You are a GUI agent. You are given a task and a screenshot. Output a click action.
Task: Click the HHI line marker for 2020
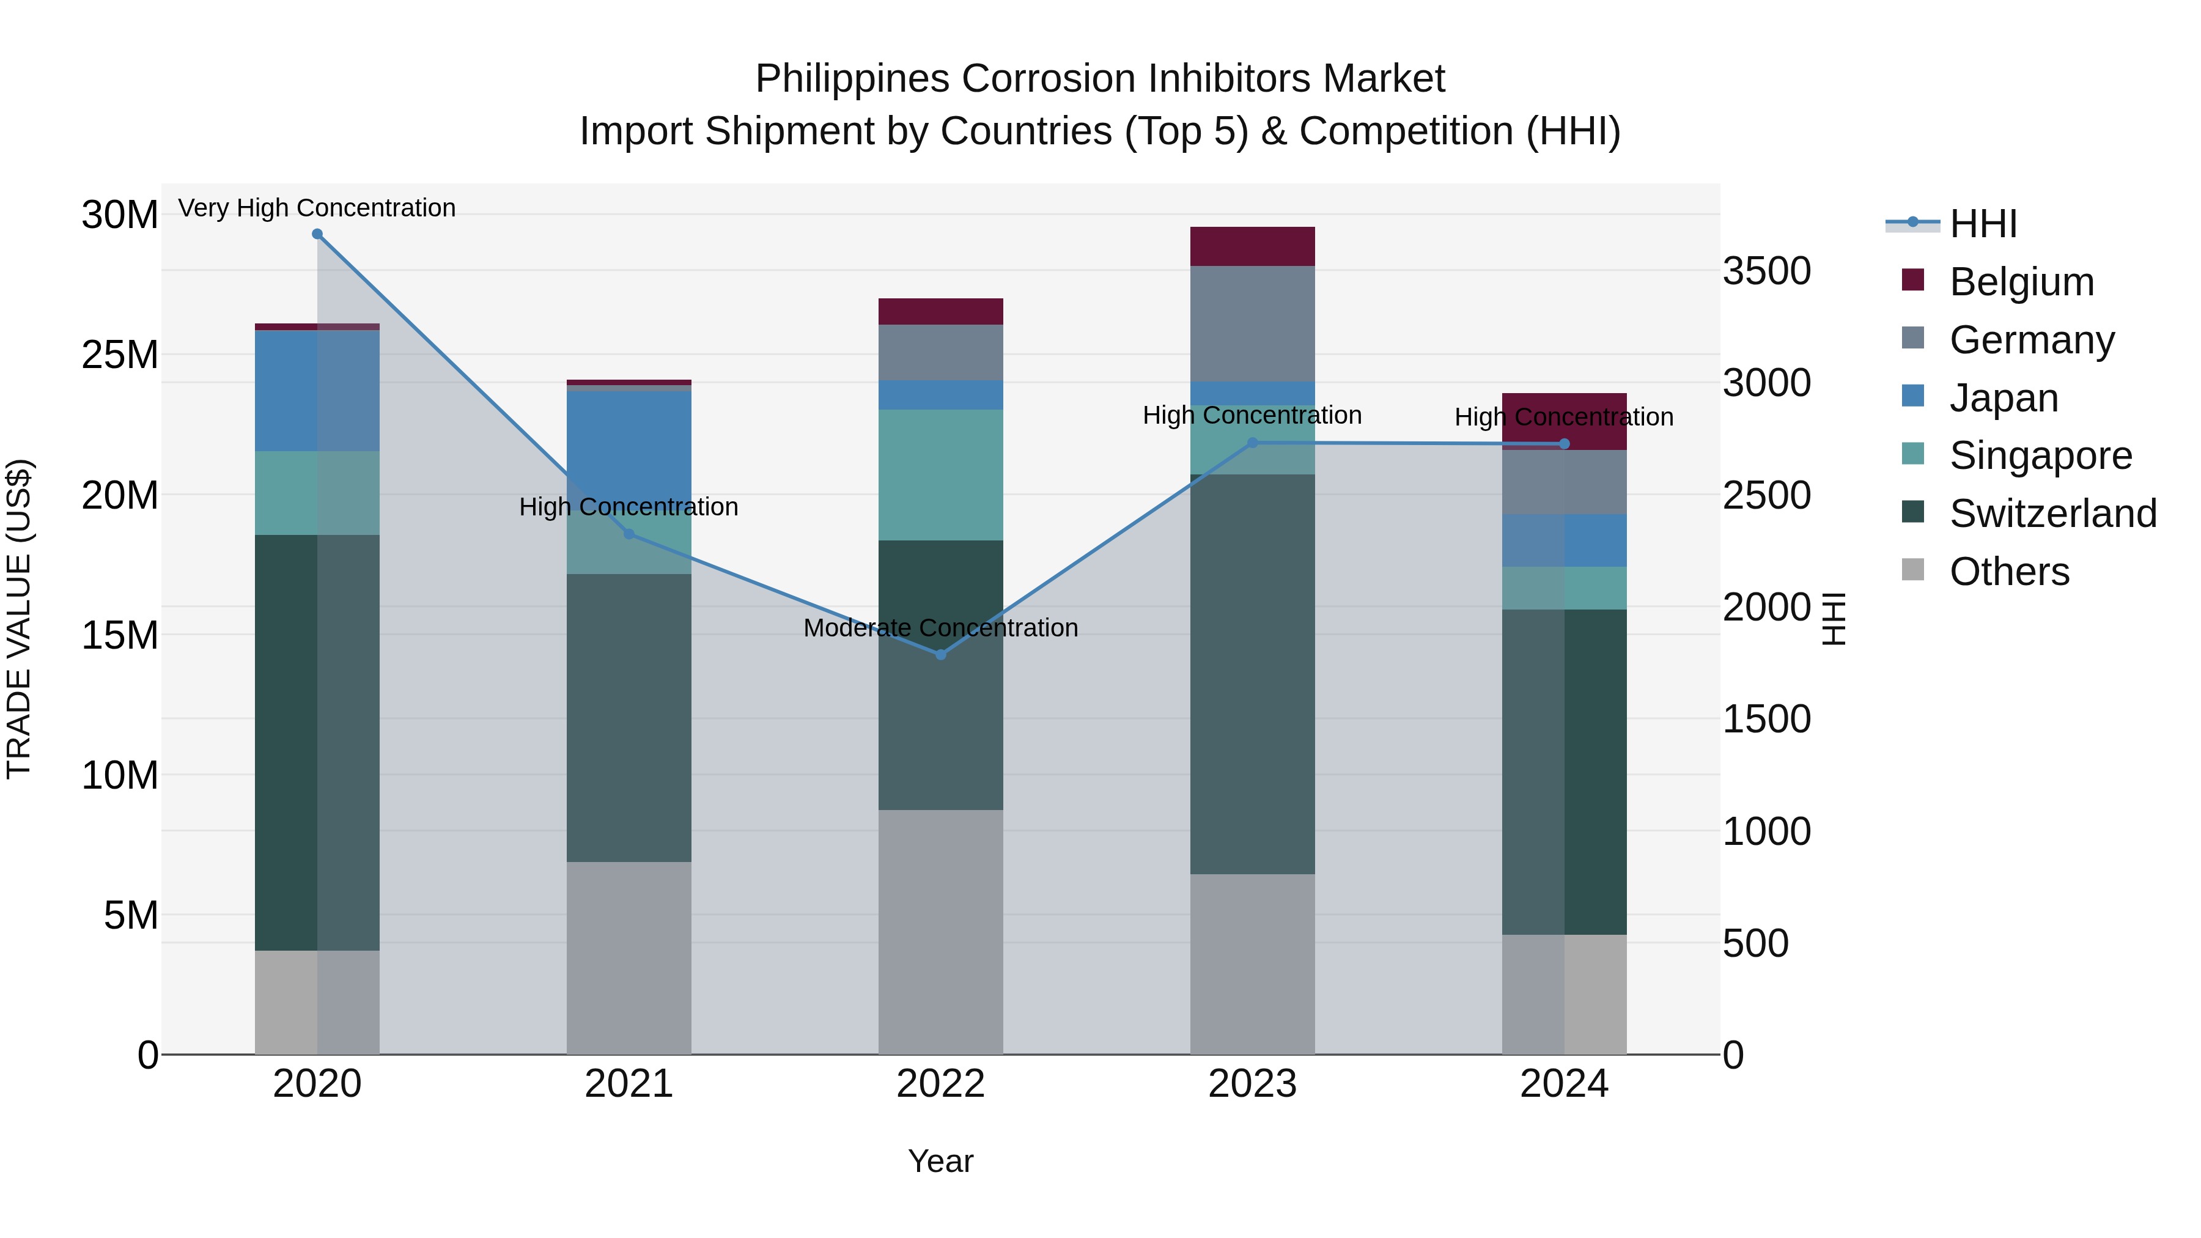coord(317,234)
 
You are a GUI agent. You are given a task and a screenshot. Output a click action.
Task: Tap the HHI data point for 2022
coord(941,654)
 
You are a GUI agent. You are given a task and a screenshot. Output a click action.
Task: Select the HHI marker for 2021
coord(629,534)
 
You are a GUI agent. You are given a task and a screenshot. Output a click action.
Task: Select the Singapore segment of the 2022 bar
coord(941,475)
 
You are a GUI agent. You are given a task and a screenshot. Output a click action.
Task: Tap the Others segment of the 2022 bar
coord(941,931)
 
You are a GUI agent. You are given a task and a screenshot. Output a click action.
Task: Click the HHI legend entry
coord(1982,224)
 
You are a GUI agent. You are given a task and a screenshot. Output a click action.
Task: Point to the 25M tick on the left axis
coord(120,355)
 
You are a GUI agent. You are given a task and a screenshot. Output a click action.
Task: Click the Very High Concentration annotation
coord(317,208)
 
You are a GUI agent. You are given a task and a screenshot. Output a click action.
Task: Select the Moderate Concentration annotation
coord(941,628)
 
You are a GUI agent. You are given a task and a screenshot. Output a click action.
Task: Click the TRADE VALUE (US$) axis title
coord(19,619)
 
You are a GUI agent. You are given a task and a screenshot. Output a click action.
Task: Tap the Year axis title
coord(941,1161)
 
